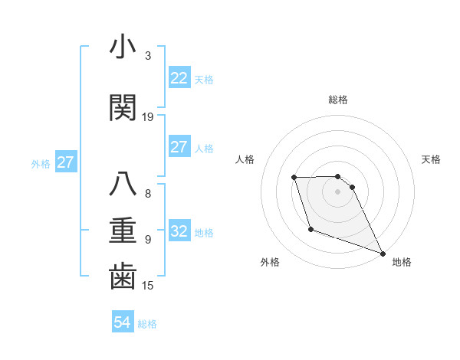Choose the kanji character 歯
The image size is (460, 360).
pyautogui.click(x=123, y=277)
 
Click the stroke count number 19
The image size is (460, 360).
pyautogui.click(x=148, y=117)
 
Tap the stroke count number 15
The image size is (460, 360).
pyautogui.click(x=148, y=286)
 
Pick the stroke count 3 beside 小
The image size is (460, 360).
pyautogui.click(x=148, y=56)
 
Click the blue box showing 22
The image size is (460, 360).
pyautogui.click(x=179, y=78)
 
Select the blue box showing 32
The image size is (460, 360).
pyautogui.click(x=179, y=231)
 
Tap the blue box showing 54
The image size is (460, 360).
pyautogui.click(x=122, y=323)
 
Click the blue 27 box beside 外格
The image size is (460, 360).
pyautogui.click(x=65, y=162)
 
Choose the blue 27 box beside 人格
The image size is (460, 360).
pyautogui.click(x=179, y=147)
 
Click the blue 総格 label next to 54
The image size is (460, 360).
pyautogui.click(x=147, y=324)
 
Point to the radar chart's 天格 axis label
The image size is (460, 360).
pyautogui.click(x=432, y=159)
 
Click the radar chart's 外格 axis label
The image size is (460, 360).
pyautogui.click(x=270, y=263)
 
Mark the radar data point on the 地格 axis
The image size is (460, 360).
pyautogui.click(x=383, y=253)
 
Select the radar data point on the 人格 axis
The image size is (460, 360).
pyautogui.click(x=294, y=178)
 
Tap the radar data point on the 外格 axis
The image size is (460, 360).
pyautogui.click(x=310, y=228)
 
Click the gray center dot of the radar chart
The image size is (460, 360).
pyautogui.click(x=338, y=191)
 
